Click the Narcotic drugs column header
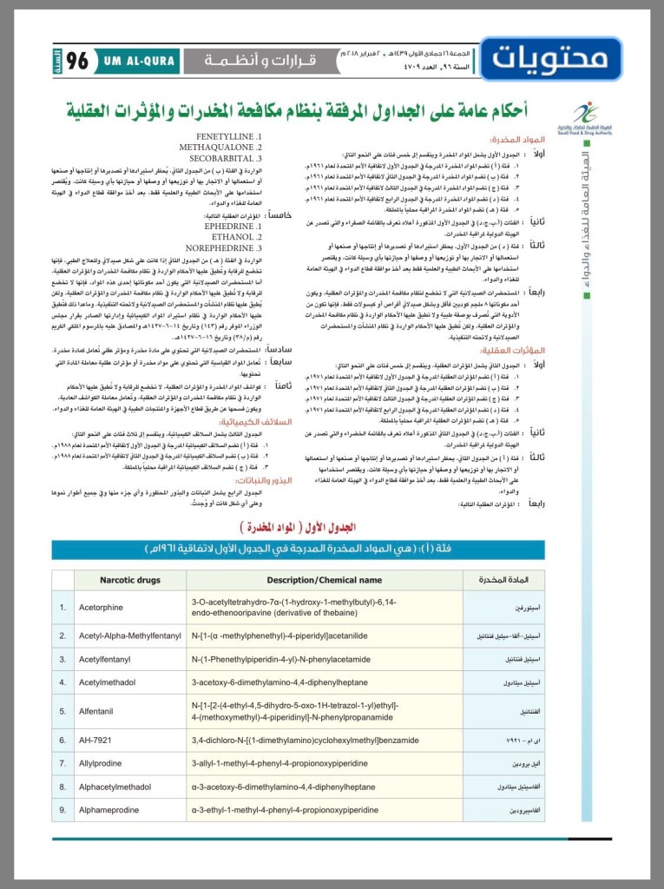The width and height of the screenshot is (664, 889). pyautogui.click(x=130, y=579)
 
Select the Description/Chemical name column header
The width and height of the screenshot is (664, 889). pyautogui.click(x=324, y=579)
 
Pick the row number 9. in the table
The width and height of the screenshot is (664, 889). pyautogui.click(x=62, y=810)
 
